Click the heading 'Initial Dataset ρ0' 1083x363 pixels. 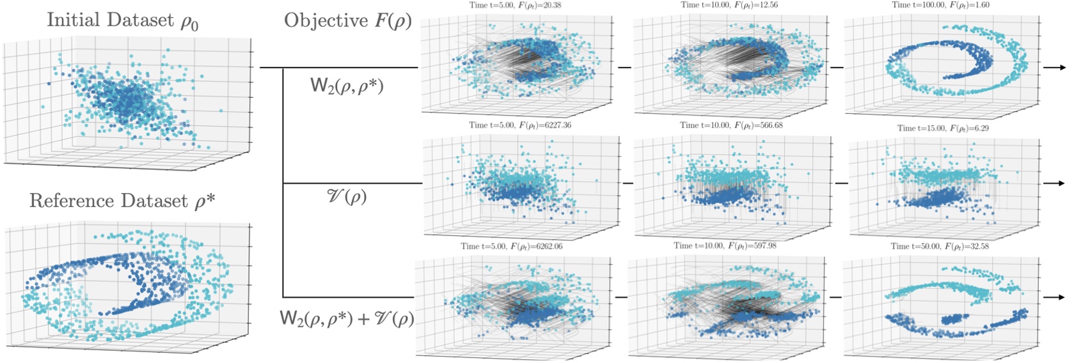(x=122, y=20)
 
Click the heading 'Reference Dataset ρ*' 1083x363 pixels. (x=122, y=201)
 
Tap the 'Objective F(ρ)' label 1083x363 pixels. (x=347, y=21)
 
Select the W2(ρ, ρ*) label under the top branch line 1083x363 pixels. (x=347, y=86)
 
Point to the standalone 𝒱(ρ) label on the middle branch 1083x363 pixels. (x=347, y=196)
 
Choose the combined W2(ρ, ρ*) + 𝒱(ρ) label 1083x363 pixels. (x=347, y=318)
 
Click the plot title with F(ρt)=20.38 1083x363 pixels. (x=516, y=5)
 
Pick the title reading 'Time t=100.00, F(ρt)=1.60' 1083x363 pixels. (x=940, y=5)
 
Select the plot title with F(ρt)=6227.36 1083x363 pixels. (x=519, y=125)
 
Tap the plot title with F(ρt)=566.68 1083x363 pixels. (x=731, y=125)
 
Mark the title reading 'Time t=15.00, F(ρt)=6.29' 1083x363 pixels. (x=943, y=128)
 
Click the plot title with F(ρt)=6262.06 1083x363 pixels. (x=512, y=246)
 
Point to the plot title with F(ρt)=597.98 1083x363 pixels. (x=725, y=245)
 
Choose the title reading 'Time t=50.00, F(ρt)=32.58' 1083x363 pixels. (x=940, y=246)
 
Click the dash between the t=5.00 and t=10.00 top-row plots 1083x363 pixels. (x=624, y=67)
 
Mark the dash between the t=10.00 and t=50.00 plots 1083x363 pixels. (x=835, y=297)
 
